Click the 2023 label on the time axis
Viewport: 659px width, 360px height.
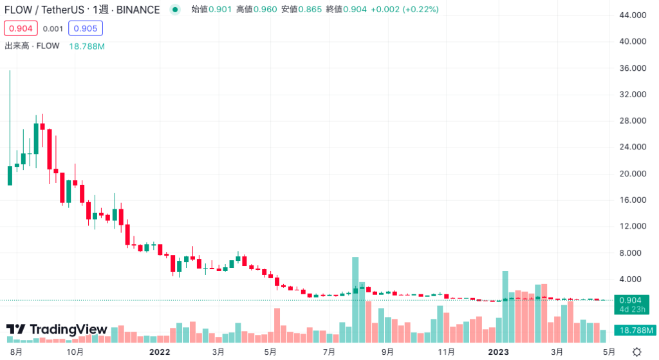(499, 352)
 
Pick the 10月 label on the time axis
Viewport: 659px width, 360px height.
(75, 352)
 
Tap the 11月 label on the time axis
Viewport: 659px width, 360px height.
(446, 352)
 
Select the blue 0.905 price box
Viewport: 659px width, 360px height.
(86, 28)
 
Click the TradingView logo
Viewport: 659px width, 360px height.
(57, 330)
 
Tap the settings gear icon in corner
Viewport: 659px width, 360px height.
(636, 352)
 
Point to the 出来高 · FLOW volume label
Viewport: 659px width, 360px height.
(32, 46)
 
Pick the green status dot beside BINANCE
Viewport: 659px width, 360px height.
(175, 10)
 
